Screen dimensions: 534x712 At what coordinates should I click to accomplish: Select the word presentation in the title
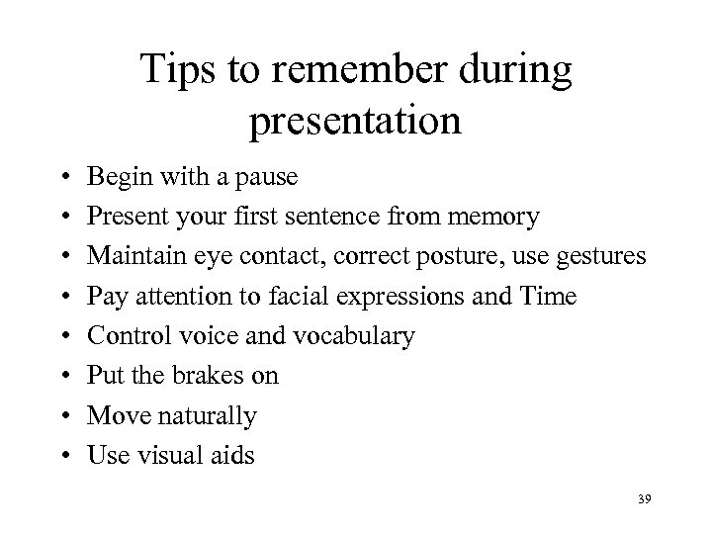pyautogui.click(x=355, y=121)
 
